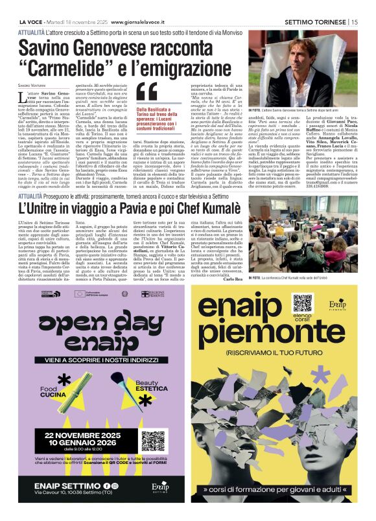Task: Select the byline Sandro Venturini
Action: [32, 86]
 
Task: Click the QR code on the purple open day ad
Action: [153, 442]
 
